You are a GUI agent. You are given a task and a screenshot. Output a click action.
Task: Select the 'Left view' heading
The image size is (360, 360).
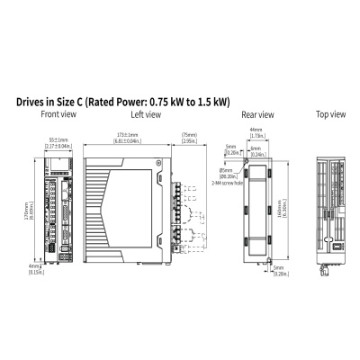pyautogui.click(x=145, y=114)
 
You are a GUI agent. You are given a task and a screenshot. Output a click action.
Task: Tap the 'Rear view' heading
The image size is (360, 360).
pyautogui.click(x=258, y=114)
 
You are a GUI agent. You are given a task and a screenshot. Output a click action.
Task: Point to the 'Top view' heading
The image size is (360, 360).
pyautogui.click(x=331, y=114)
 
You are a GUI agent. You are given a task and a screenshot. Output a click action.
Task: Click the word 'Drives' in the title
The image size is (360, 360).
pyautogui.click(x=33, y=102)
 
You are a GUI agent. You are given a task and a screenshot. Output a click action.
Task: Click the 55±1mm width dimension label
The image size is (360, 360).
pyautogui.click(x=58, y=141)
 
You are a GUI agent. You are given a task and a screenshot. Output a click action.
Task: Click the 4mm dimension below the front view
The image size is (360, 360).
pyautogui.click(x=34, y=267)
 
